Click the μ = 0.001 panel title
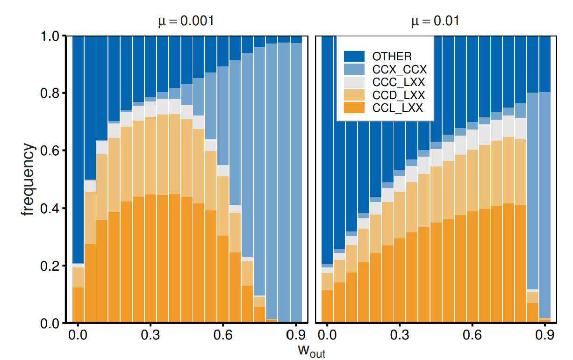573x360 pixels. point(185,22)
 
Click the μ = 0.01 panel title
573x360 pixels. point(435,22)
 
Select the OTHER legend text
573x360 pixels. point(392,57)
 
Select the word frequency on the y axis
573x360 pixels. point(28,180)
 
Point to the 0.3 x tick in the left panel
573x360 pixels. point(150,335)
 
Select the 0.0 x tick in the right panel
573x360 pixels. point(327,335)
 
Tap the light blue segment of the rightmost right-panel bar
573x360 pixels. point(544,206)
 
